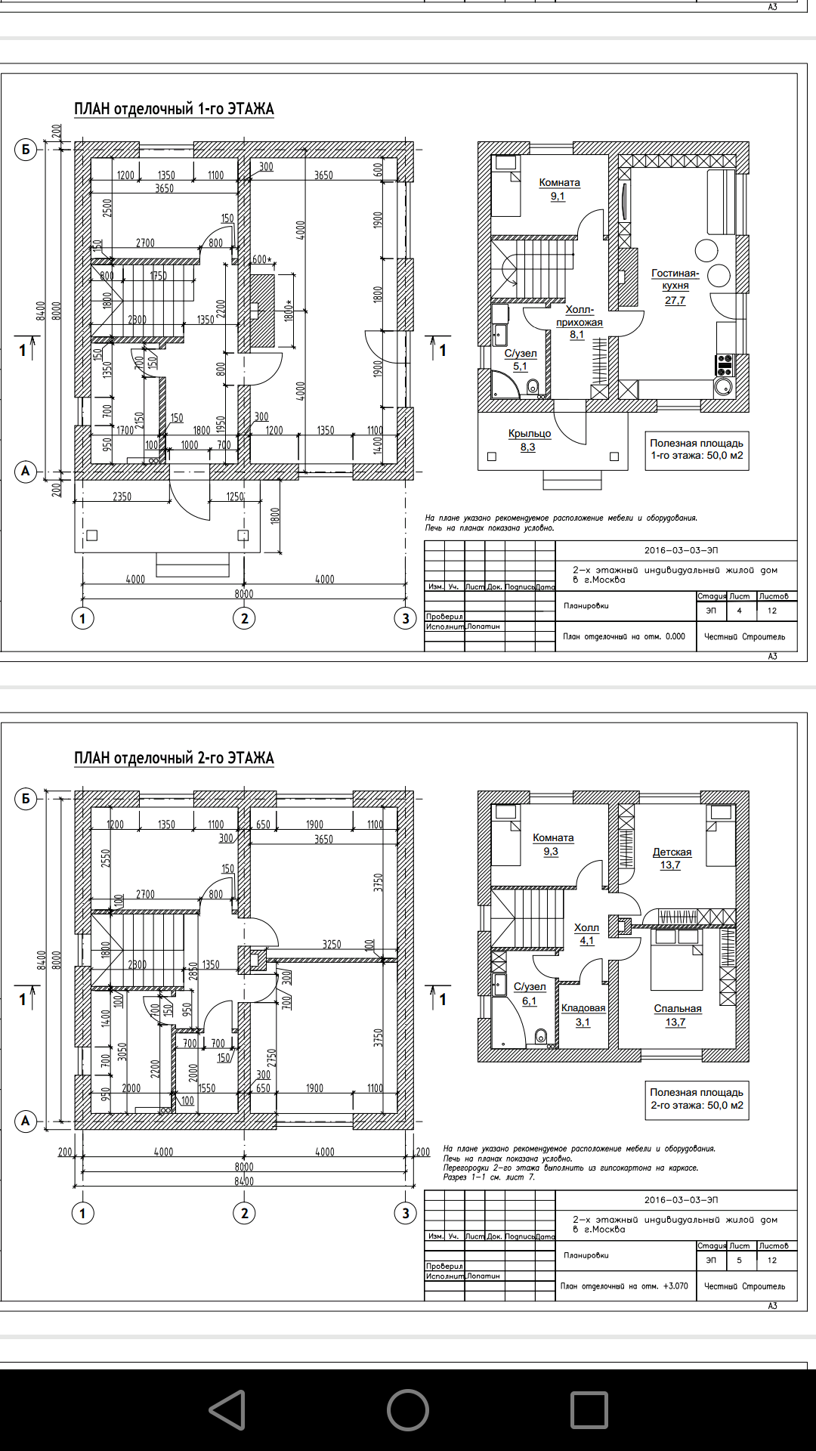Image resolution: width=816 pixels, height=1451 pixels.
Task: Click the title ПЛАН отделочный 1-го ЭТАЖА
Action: [x=174, y=109]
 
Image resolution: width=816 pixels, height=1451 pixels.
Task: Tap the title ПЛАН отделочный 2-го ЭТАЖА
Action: [x=174, y=758]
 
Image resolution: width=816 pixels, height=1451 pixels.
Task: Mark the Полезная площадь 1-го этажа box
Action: [x=697, y=450]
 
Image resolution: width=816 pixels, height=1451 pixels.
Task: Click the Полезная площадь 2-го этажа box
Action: [x=697, y=1099]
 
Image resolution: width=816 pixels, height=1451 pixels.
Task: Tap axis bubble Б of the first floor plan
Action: [x=26, y=150]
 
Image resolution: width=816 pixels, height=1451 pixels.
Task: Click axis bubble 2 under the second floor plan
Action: [x=244, y=1214]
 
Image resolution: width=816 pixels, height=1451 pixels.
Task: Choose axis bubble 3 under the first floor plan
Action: [x=406, y=618]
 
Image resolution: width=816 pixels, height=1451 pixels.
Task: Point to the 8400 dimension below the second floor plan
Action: [x=244, y=1181]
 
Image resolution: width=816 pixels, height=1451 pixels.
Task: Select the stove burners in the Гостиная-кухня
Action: [x=725, y=365]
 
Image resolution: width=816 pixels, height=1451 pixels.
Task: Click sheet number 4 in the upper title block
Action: [x=739, y=611]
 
